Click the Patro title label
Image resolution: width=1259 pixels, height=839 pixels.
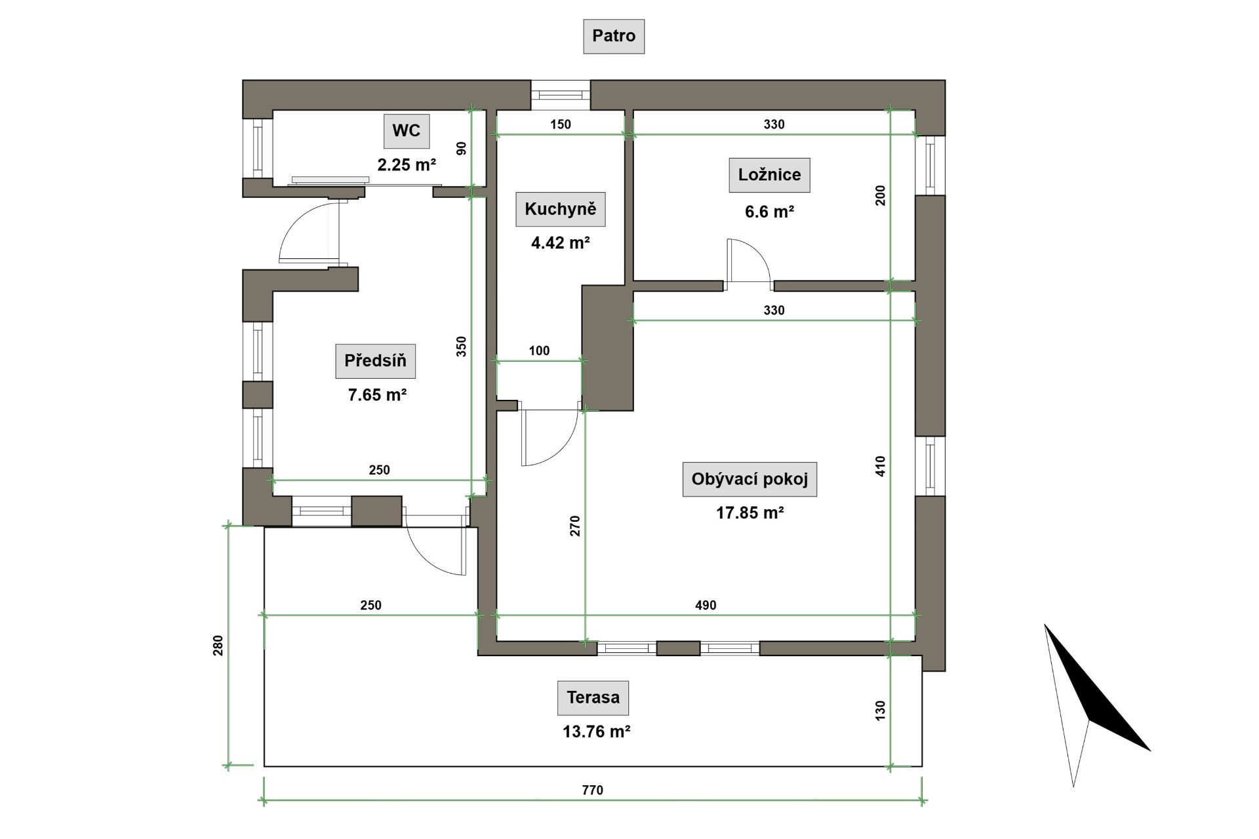click(614, 36)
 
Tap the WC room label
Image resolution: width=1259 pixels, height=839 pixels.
click(407, 130)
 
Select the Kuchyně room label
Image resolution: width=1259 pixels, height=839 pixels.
click(561, 209)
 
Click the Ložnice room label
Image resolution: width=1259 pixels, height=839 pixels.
click(769, 175)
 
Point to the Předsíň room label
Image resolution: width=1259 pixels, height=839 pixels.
click(375, 361)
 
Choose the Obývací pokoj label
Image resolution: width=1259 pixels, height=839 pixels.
click(749, 479)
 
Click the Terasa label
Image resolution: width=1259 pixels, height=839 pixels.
click(593, 697)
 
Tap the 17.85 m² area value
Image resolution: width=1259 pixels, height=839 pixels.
click(750, 513)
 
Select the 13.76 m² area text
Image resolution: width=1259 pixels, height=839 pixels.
click(596, 732)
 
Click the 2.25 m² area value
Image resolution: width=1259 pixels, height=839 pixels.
click(407, 165)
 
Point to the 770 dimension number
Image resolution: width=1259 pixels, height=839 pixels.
click(592, 790)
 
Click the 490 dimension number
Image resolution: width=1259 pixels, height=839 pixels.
click(706, 605)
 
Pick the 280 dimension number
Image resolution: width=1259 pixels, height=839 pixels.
click(218, 645)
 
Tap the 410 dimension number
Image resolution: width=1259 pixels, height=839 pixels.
click(880, 466)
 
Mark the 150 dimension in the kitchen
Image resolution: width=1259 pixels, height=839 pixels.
click(561, 124)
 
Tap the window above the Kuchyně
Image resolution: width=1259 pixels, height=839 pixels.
click(561, 95)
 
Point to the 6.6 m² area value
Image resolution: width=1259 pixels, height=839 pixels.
click(769, 212)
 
